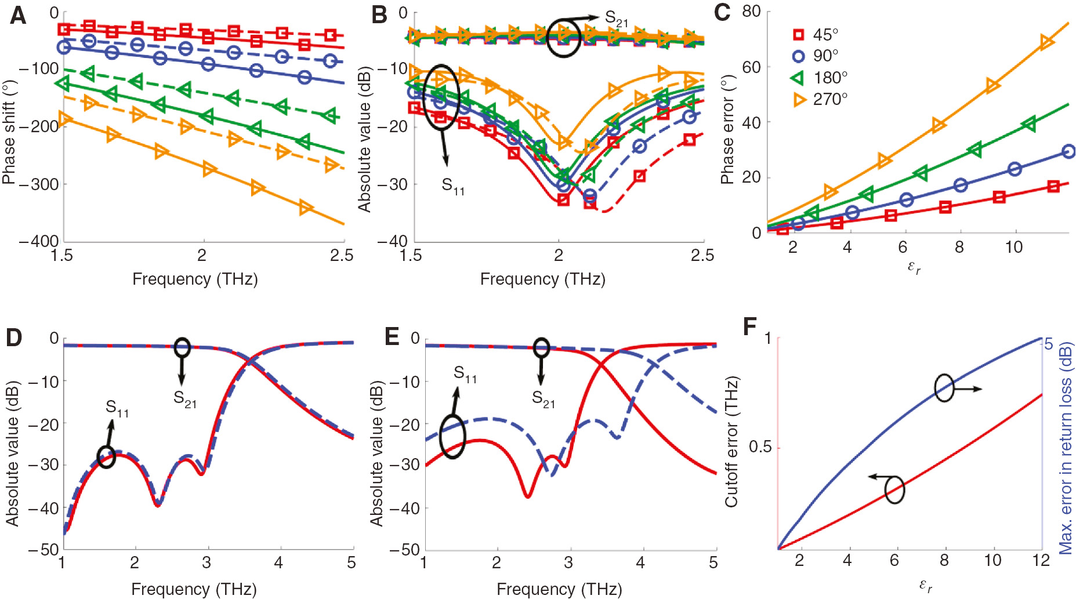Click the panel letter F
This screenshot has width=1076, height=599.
point(749,327)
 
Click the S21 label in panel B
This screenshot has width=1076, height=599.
point(616,19)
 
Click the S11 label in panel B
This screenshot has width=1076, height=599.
point(452,186)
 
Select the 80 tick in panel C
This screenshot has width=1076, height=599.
point(751,12)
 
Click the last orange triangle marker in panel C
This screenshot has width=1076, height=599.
point(1046,42)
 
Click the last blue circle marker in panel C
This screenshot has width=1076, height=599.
point(1068,151)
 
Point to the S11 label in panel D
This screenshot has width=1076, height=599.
point(117,408)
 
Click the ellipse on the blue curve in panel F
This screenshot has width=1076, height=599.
point(944,388)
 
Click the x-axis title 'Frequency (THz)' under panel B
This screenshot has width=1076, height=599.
point(542,279)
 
